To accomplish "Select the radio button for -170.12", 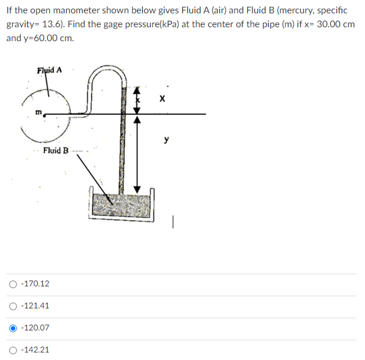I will click(12, 284).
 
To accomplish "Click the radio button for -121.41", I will click(12, 306).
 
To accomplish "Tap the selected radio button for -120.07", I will click(12, 328).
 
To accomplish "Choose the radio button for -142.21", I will click(12, 350).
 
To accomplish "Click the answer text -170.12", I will click(35, 284).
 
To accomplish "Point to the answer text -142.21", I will click(35, 350).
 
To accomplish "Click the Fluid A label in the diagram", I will click(49, 71).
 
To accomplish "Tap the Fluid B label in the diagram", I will click(55, 151).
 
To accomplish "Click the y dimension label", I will click(167, 140).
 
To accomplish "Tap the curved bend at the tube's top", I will click(109, 72).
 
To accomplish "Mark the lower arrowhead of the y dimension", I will click(137, 189).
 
